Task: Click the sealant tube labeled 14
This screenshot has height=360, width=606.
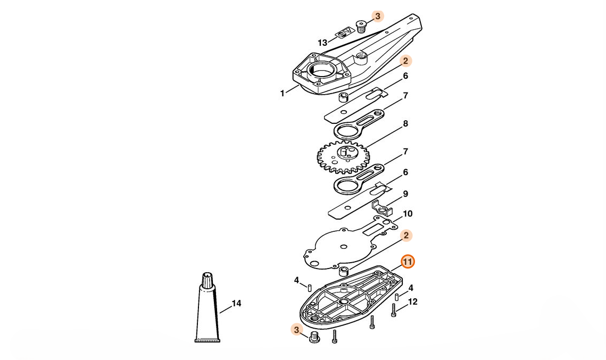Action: [x=207, y=314]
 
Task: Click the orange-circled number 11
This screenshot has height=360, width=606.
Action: [x=408, y=262]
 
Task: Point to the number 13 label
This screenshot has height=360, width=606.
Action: [x=322, y=43]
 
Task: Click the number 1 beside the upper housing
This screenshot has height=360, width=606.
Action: [x=283, y=94]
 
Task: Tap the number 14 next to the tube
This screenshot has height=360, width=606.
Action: [x=236, y=304]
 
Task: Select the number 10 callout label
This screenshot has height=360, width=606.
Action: [x=408, y=214]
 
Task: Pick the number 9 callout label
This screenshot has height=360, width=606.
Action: [x=405, y=194]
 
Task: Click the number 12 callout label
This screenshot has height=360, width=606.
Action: [x=412, y=302]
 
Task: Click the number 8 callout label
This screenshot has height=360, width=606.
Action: [x=405, y=124]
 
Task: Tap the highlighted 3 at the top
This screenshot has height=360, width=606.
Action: [x=377, y=16]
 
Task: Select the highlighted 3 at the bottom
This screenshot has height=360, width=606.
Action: [x=295, y=330]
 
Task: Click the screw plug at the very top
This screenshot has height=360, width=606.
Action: [x=361, y=26]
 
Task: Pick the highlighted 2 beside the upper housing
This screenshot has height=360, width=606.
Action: [x=405, y=61]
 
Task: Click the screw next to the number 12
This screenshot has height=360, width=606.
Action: [x=393, y=310]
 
